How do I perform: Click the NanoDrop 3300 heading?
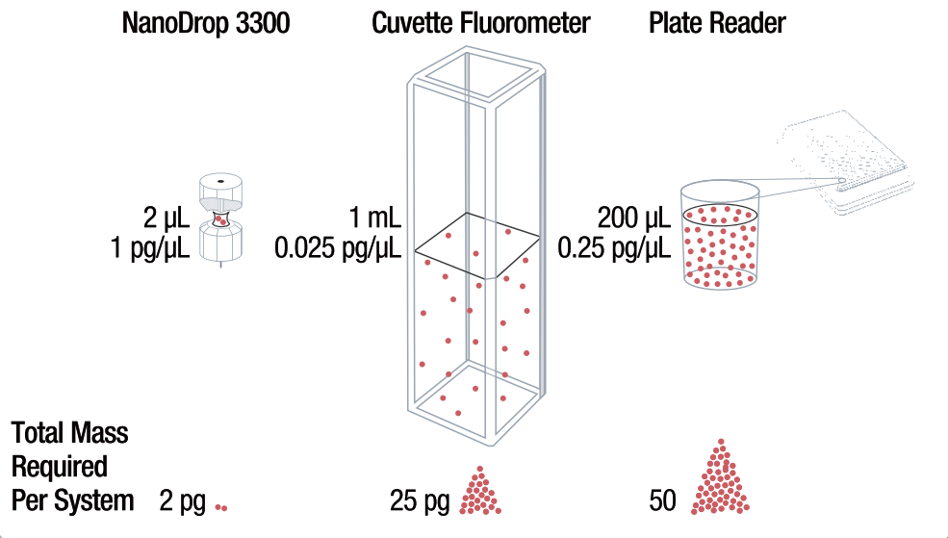tap(206, 24)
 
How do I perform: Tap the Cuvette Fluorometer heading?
tap(481, 24)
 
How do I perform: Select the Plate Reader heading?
tap(717, 24)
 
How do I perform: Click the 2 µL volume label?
tap(165, 215)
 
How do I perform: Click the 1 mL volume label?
tap(376, 215)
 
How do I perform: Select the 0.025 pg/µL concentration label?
tap(338, 249)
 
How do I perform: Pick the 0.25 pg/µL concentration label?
tap(614, 249)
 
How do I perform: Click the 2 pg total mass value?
tap(182, 501)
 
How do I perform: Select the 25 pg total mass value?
tap(420, 501)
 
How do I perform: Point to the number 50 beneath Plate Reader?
tap(663, 501)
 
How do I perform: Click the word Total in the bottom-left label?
tap(38, 433)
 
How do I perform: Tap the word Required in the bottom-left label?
tap(59, 467)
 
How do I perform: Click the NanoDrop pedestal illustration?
tap(220, 218)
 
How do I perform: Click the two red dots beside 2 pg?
tap(221, 506)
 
